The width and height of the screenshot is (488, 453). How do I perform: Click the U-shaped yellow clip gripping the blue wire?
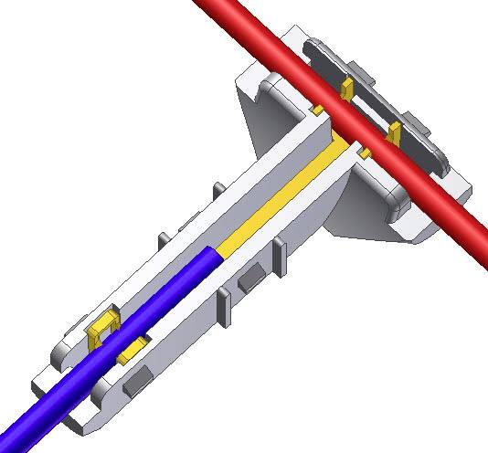tap(102, 328)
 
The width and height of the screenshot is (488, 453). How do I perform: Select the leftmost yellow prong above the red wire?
tap(347, 89)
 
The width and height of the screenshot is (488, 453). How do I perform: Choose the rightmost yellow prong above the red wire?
tap(395, 134)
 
